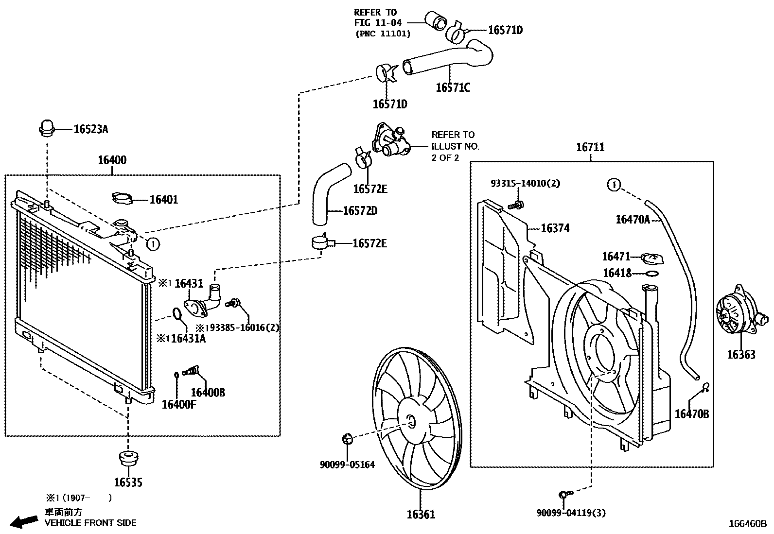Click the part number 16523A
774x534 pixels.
click(x=90, y=129)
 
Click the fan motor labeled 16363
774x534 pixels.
click(x=736, y=317)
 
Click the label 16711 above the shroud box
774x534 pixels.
click(x=590, y=147)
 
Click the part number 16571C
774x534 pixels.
click(x=453, y=88)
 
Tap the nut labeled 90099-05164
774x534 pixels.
click(x=347, y=439)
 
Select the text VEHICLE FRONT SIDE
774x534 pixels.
click(x=90, y=523)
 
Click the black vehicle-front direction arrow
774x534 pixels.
click(x=24, y=521)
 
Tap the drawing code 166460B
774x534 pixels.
click(x=747, y=524)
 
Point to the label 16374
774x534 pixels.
click(x=555, y=228)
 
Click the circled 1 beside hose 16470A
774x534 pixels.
click(x=614, y=185)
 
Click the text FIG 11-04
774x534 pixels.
click(x=375, y=22)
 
